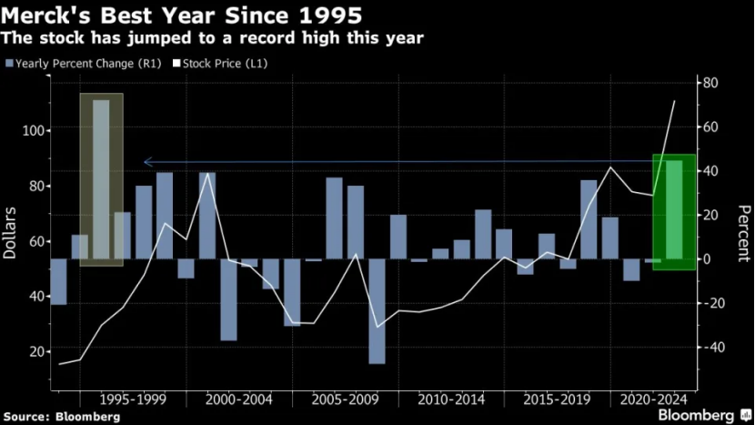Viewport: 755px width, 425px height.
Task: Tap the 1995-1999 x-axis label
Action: [133, 400]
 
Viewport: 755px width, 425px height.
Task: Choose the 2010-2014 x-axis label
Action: [451, 400]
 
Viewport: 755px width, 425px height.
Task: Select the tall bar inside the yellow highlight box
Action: [101, 179]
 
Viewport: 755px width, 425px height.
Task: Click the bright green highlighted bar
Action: [674, 210]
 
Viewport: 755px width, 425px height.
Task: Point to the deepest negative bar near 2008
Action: [377, 311]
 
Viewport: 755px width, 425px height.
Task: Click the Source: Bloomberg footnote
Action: [63, 416]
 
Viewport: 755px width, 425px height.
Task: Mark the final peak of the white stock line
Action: [674, 101]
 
